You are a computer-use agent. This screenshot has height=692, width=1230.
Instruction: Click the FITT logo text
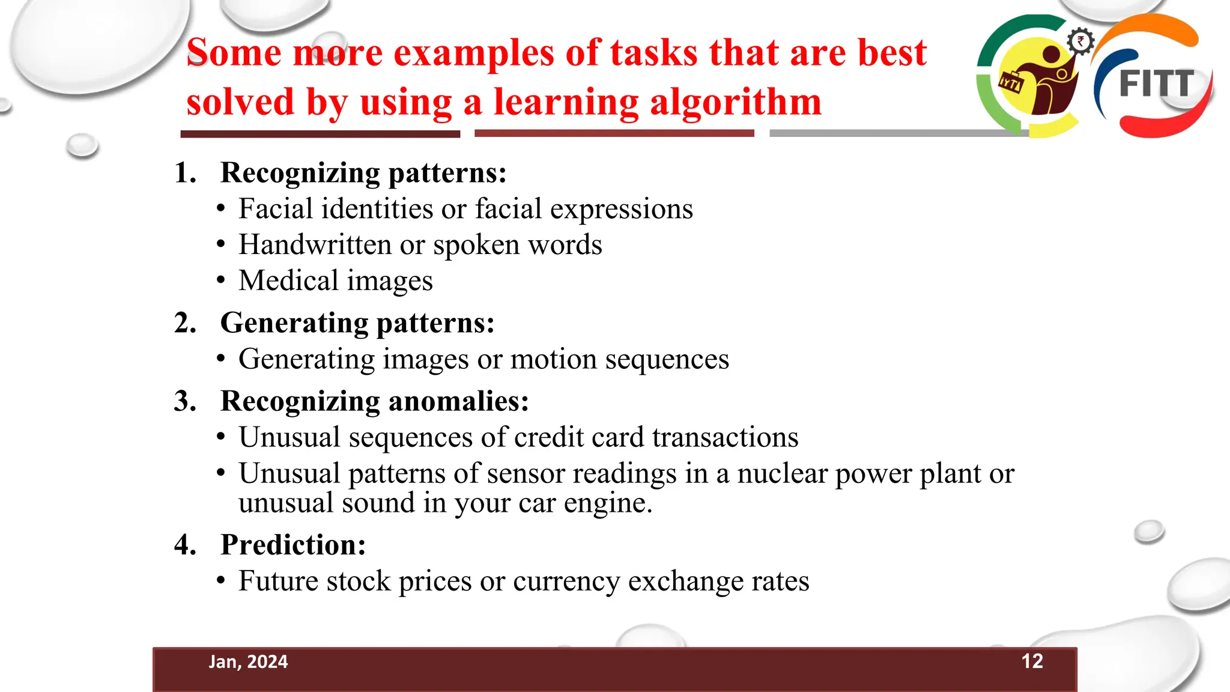coord(1156,83)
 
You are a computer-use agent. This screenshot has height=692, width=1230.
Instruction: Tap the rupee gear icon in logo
coord(1080,42)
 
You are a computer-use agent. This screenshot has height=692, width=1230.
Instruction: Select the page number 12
coord(1032,661)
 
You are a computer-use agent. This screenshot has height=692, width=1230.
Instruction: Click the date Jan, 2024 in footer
coord(248,661)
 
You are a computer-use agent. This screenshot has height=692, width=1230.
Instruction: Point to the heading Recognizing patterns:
coord(363,173)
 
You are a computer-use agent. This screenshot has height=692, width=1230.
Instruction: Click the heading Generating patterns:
coord(357,323)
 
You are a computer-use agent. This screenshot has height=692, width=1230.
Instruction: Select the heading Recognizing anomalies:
coord(374,401)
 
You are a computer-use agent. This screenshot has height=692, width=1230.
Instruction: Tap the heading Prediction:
coord(293,545)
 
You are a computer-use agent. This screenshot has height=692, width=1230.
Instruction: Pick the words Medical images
coord(335,281)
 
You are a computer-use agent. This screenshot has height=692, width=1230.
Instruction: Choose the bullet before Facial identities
coord(221,209)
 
